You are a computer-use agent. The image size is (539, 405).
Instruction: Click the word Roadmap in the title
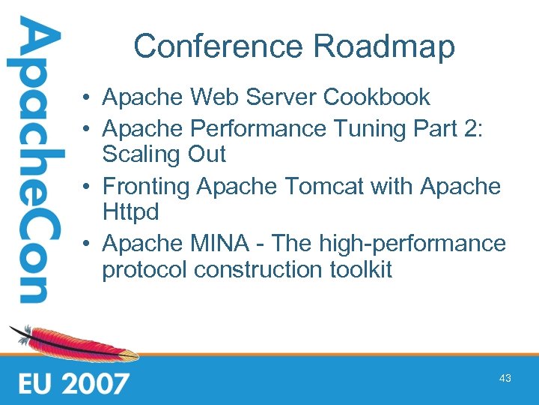pos(384,46)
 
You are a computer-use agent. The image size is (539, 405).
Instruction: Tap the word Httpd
pos(130,213)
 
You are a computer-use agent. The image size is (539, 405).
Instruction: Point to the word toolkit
pos(365,270)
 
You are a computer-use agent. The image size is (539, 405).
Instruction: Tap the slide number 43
pos(505,379)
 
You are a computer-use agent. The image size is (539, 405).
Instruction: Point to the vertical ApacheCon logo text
pos(31,161)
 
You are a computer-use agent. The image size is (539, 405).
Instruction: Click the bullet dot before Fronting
pos(88,187)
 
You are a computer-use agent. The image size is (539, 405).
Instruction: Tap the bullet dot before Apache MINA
pos(88,244)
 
